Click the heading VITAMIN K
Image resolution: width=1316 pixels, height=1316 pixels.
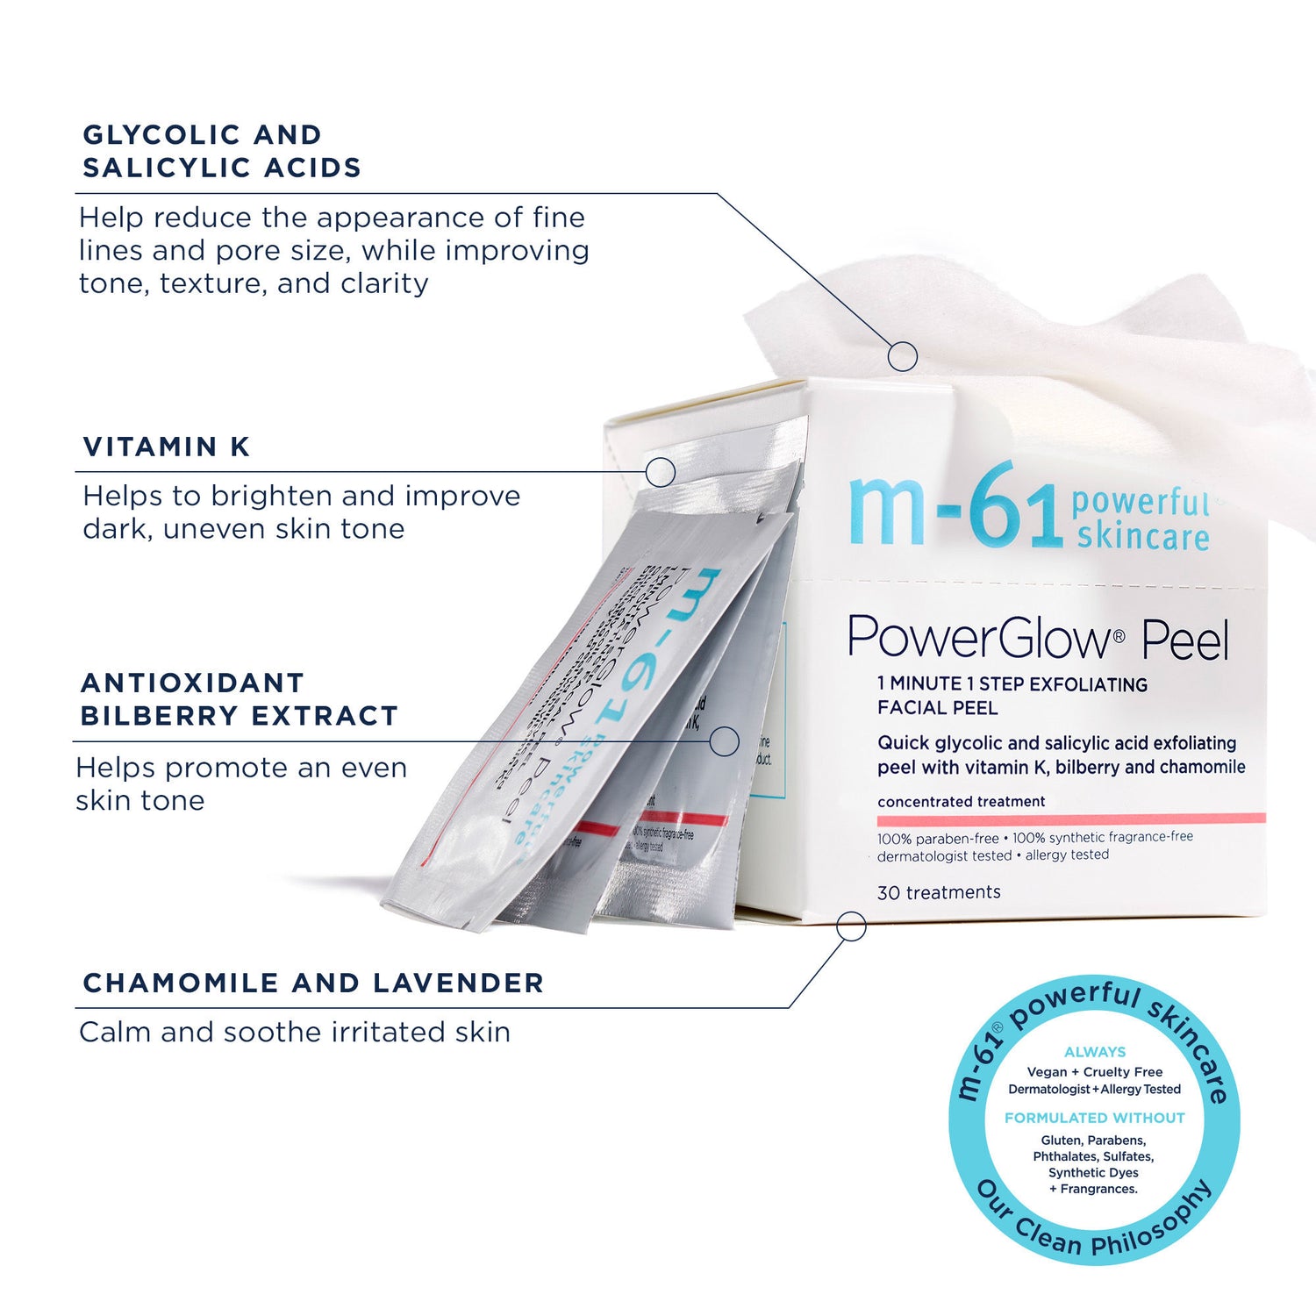[x=167, y=447]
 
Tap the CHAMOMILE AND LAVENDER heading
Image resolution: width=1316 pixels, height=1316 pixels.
[x=313, y=983]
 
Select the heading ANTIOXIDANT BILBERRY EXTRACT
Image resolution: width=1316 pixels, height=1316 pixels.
[x=239, y=699]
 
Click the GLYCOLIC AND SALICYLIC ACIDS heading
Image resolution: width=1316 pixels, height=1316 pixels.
[x=221, y=151]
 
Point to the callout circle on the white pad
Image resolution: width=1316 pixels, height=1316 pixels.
[x=903, y=356]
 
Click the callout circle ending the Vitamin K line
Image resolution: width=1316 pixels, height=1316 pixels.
[x=660, y=472]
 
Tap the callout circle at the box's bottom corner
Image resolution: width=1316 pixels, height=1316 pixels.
[x=851, y=926]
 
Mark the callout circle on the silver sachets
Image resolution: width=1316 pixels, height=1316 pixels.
[x=724, y=741]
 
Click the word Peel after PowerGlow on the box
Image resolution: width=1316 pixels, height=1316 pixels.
[x=1185, y=641]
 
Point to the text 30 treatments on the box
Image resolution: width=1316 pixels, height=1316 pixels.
[x=939, y=892]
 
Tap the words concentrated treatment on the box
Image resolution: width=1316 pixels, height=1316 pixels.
[x=961, y=802]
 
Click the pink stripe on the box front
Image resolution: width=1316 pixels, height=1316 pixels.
[x=1070, y=819]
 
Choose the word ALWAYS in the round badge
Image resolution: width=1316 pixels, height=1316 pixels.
[x=1094, y=1052]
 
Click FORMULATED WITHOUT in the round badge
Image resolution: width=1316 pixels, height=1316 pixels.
[x=1094, y=1118]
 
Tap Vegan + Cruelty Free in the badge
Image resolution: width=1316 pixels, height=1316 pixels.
[x=1094, y=1072]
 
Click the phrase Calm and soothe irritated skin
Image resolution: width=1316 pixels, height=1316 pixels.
[x=295, y=1032]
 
